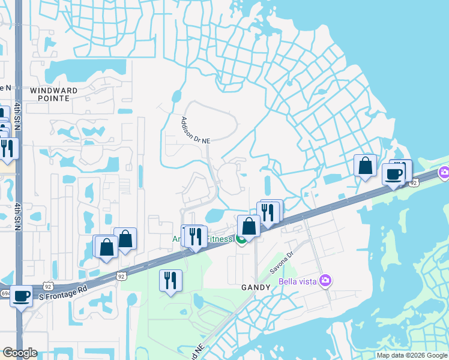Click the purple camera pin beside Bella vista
pyautogui.click(x=325, y=280)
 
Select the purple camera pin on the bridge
pyautogui.click(x=444, y=172)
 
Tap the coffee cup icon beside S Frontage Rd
pyautogui.click(x=22, y=296)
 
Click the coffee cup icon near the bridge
pyautogui.click(x=394, y=174)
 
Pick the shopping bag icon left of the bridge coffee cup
pyautogui.click(x=365, y=166)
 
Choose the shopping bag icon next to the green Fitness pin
pyautogui.click(x=249, y=226)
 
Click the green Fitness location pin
pyautogui.click(x=241, y=240)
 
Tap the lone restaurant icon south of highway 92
pyautogui.click(x=170, y=280)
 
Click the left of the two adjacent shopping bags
pyautogui.click(x=106, y=247)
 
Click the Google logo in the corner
pyautogui.click(x=20, y=353)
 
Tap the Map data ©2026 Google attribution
pyautogui.click(x=411, y=355)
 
